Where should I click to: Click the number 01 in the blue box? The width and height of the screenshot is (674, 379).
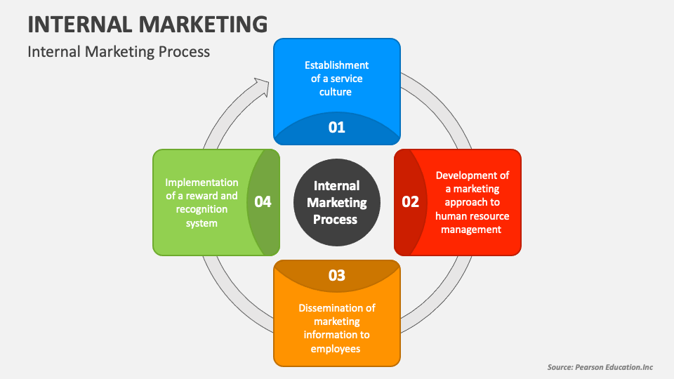pos(336,127)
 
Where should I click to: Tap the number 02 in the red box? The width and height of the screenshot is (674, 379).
pos(410,202)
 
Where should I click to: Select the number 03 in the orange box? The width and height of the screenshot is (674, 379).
pos(337,275)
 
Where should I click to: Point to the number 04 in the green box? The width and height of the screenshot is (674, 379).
pos(263,202)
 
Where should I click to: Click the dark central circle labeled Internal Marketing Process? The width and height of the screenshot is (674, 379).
pos(336,202)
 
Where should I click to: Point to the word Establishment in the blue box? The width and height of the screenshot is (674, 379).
pos(336,65)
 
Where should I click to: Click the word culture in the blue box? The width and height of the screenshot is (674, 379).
pos(336,91)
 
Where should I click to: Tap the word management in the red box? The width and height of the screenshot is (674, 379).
pos(473,229)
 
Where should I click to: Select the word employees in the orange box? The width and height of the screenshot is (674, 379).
pos(336,349)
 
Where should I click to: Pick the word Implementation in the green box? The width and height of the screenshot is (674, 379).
pos(201,182)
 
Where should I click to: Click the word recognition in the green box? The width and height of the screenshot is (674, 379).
pos(201,209)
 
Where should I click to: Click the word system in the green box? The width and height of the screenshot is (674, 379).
pos(201,223)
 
